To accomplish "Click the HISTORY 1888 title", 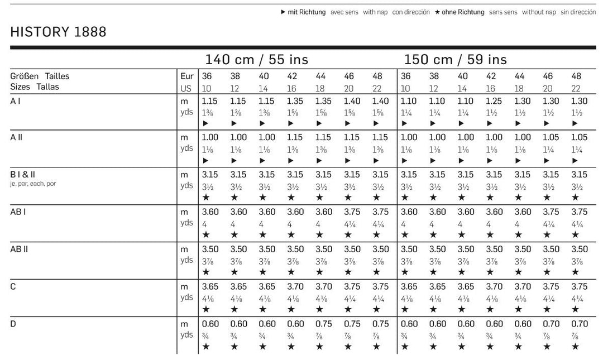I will point(58,32).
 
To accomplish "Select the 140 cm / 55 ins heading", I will point(256,59).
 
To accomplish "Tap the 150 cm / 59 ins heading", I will point(456,59).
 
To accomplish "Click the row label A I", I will point(15,102).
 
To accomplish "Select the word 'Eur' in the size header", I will point(186,76).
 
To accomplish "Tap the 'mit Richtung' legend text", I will point(307,12).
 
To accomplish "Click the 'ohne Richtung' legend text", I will point(463,12).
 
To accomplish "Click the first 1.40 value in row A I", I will point(352,102).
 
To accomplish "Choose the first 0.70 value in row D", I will point(551,324).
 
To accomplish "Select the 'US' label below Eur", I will point(186,88).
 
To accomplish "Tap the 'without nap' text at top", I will point(539,12).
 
